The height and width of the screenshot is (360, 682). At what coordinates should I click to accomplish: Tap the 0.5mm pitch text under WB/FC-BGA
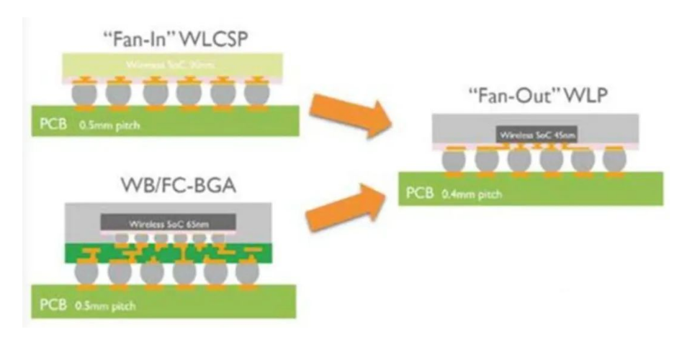pyautogui.click(x=103, y=306)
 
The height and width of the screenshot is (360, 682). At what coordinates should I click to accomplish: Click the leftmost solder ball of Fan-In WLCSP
pyautogui.click(x=82, y=93)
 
